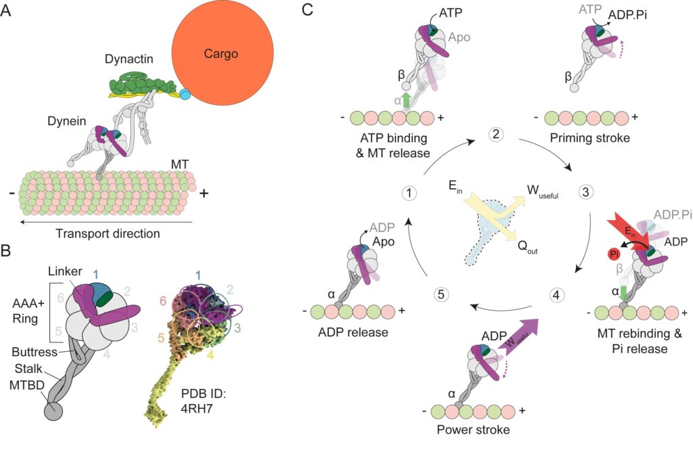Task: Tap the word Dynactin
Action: [129, 59]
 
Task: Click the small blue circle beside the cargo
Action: [185, 93]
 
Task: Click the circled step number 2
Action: [495, 133]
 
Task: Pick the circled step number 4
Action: [556, 294]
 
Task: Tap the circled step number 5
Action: [441, 294]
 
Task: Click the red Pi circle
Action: [614, 254]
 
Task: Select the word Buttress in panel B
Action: [35, 352]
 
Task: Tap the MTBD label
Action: [27, 385]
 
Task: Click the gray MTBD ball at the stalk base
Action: [53, 411]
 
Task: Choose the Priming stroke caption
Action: [589, 138]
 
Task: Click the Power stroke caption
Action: [473, 429]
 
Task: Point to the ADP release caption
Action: [353, 332]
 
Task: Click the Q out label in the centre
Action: [528, 247]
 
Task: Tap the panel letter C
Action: [308, 9]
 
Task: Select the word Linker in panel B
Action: [66, 271]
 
